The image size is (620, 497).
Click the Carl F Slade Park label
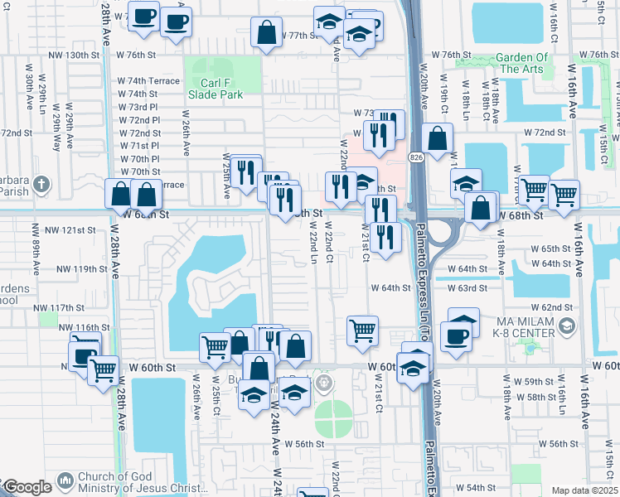pos(221,88)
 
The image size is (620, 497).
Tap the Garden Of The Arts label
pos(522,63)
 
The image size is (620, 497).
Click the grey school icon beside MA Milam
pos(566,326)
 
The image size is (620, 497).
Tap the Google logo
pos(27,487)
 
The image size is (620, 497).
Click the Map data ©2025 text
pos(585,490)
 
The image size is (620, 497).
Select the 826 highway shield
pos(414,155)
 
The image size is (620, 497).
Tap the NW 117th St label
pos(61,307)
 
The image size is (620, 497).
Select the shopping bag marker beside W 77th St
pos(267,34)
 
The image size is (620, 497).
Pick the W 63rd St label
pos(467,288)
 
